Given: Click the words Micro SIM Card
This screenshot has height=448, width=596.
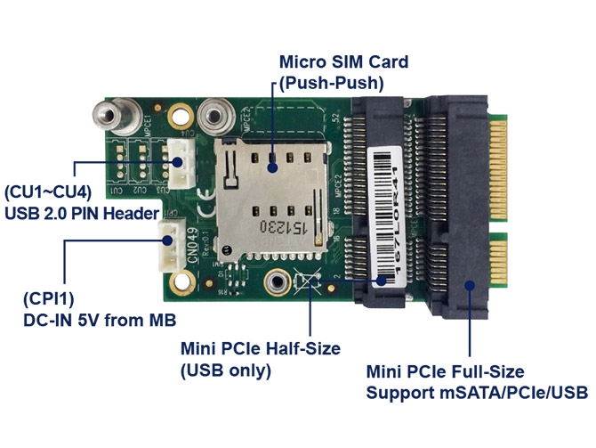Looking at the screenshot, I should (x=343, y=62).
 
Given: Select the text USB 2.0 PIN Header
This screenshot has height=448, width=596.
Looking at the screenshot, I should (x=82, y=214).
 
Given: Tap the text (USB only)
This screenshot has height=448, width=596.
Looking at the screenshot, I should (x=226, y=370).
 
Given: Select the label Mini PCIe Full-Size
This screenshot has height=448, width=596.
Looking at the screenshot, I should (x=445, y=371).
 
